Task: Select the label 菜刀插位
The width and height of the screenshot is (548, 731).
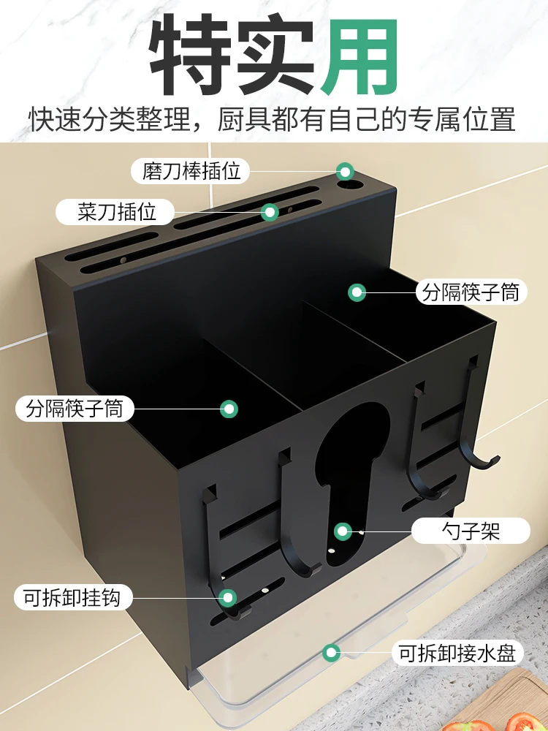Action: click(x=117, y=212)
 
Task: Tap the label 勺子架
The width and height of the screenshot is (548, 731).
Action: click(x=471, y=530)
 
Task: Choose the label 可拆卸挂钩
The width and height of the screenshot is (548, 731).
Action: click(x=73, y=598)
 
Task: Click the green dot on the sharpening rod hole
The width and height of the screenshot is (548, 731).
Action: click(x=345, y=172)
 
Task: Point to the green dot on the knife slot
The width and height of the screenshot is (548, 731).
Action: click(x=270, y=213)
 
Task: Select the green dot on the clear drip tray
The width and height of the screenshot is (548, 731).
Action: click(x=331, y=652)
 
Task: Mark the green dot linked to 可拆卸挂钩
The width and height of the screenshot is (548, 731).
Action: click(x=229, y=598)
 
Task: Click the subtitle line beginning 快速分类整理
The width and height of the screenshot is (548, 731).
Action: click(x=273, y=119)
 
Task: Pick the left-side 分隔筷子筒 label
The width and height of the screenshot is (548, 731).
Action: click(x=75, y=408)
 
